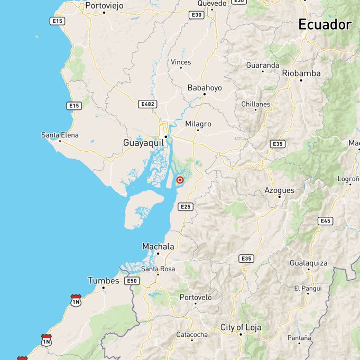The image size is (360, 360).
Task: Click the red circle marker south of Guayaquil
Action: tap(180, 180)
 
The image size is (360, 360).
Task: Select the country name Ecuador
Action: tap(325, 24)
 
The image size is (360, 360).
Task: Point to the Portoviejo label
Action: tap(104, 5)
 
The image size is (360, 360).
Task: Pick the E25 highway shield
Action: tap(186, 207)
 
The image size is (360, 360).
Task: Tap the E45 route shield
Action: tap(326, 221)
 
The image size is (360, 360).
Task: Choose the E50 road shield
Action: tap(133, 281)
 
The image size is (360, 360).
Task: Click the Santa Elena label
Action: tap(60, 135)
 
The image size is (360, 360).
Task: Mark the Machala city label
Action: tap(158, 246)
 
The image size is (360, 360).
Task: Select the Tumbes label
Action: tap(104, 281)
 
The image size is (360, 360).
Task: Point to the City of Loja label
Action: tap(241, 328)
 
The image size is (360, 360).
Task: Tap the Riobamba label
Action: tap(301, 73)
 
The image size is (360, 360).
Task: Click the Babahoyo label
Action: tap(205, 88)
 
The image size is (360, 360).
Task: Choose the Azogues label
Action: tap(279, 190)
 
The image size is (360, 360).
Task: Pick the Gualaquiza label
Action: tap(309, 263)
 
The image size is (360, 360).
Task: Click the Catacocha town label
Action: tap(192, 335)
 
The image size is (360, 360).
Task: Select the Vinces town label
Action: tap(181, 62)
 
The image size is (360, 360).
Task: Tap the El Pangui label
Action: tap(308, 288)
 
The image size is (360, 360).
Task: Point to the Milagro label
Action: tap(198, 124)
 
